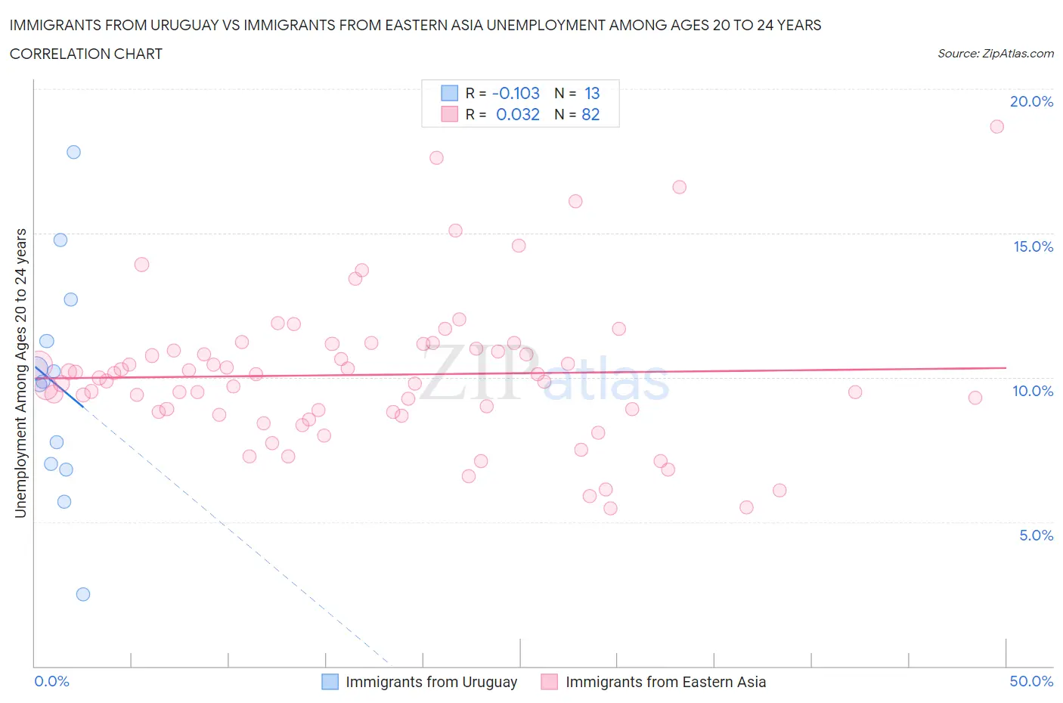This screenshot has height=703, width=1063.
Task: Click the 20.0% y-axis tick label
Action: pos(1031,101)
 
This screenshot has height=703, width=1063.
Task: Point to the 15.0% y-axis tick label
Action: pos(1033,246)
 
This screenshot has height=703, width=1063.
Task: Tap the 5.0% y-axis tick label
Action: pos(1036,535)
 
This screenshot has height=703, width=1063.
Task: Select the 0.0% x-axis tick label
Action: pos(51,681)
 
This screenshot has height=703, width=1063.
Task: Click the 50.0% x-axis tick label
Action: pos(1031,681)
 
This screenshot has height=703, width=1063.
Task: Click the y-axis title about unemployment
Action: pos(20,373)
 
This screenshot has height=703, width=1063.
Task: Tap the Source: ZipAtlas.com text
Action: pos(995,53)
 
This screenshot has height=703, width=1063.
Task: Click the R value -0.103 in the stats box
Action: pos(516,93)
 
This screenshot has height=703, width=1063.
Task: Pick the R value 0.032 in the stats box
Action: pos(518,114)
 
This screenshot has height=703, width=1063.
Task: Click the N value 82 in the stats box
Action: pos(590,114)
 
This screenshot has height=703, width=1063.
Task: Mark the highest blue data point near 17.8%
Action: pos(73,152)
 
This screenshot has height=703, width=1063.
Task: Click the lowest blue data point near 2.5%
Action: pos(83,594)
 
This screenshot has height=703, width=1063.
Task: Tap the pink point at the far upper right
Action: pos(997,126)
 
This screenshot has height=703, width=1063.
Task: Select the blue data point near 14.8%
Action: pos(60,240)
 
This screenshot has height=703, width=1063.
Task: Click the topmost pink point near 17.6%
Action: pos(436,158)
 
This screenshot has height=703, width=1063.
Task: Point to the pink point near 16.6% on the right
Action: pos(680,187)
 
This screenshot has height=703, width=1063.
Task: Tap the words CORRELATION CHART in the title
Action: pos(86,54)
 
